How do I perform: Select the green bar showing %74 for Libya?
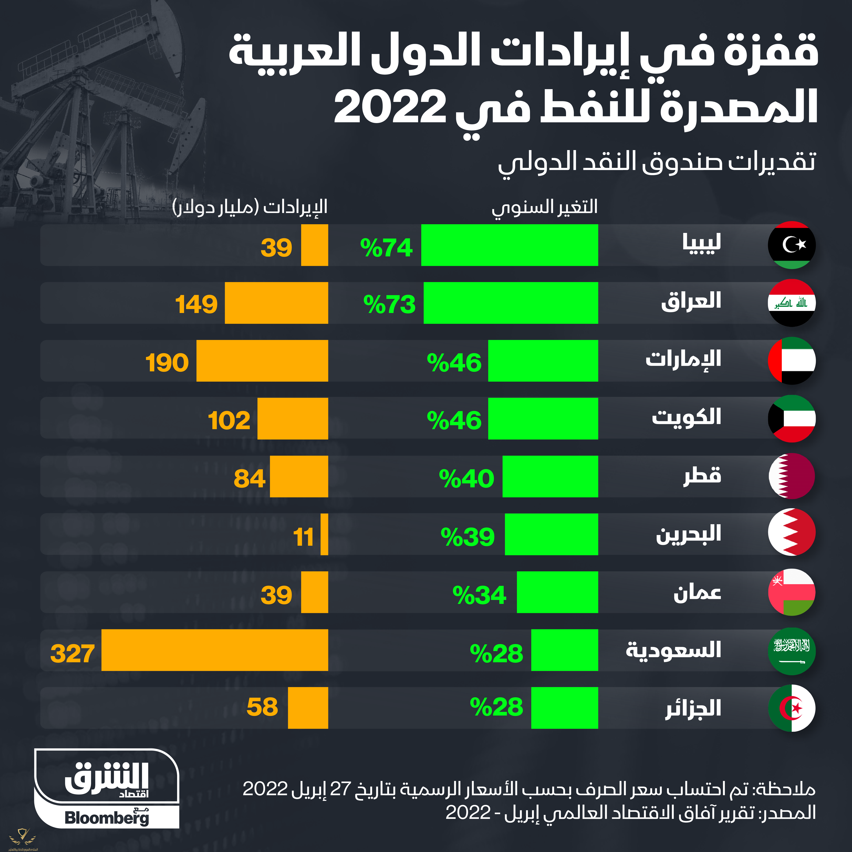pos(509,245)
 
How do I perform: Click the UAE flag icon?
pos(792,361)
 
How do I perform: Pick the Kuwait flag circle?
pos(792,419)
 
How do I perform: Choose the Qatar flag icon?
pos(792,476)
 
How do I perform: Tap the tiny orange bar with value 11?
pos(324,534)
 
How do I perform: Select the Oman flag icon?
pos(792,592)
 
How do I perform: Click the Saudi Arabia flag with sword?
pos(792,651)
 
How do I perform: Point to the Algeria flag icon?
pos(792,708)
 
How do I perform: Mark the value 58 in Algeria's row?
pos(262,707)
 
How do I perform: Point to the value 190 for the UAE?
pos(167,362)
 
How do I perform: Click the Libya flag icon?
pos(792,245)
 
